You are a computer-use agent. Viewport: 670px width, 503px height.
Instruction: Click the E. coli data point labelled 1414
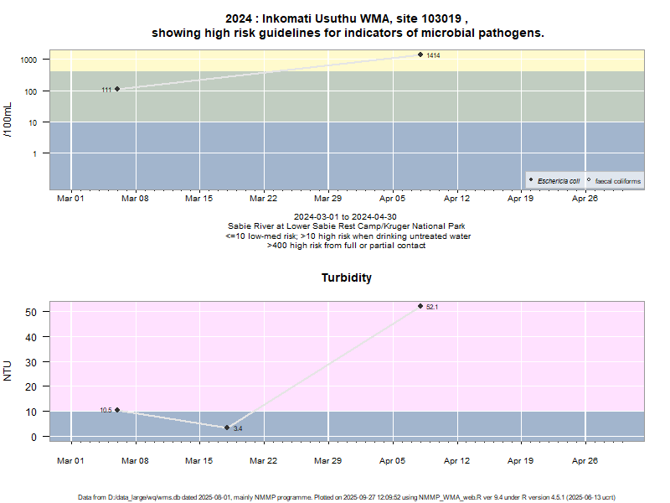click(x=420, y=54)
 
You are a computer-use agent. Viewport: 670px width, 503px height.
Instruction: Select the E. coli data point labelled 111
click(x=117, y=89)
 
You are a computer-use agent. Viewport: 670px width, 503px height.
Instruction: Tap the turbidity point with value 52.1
click(x=420, y=306)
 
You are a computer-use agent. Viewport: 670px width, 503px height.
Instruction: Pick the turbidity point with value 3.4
click(x=227, y=428)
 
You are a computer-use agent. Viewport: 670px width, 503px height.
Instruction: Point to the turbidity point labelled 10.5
click(x=117, y=410)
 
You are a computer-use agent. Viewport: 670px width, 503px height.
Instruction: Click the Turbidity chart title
click(x=347, y=277)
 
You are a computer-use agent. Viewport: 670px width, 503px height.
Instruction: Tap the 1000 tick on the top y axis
click(x=29, y=60)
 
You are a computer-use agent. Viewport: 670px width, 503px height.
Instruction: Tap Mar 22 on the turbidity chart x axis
click(x=264, y=460)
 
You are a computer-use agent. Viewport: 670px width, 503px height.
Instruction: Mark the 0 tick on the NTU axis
click(x=34, y=437)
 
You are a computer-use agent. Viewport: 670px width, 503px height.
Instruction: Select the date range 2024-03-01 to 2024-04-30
click(x=347, y=216)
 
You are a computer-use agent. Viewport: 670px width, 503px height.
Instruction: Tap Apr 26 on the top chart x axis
click(x=585, y=199)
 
